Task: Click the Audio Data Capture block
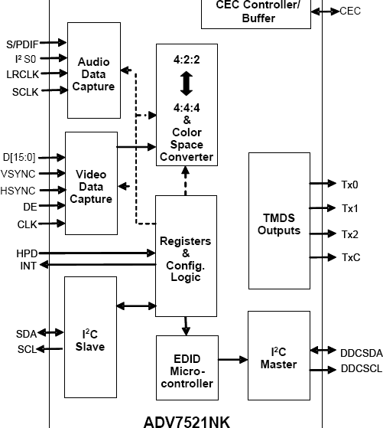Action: pos(93,74)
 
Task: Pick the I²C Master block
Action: pos(278,358)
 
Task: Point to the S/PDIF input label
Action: pos(21,43)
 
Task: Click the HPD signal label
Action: pos(27,253)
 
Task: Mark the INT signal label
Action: pos(28,265)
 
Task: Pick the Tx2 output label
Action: pos(349,234)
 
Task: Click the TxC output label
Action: pos(350,258)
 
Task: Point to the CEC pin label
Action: pos(350,11)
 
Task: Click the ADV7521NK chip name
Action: pos(186,421)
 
